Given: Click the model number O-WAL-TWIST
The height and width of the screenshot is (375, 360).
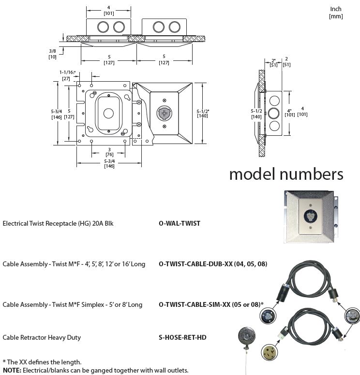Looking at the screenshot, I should click(x=179, y=223).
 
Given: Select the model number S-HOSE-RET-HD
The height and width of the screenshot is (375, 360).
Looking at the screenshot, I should click(x=182, y=337).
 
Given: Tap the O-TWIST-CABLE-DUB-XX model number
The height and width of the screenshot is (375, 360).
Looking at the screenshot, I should click(x=213, y=264).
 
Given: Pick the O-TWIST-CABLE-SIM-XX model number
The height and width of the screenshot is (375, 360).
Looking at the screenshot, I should click(x=211, y=304).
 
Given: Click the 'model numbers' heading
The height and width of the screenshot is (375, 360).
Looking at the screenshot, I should click(x=286, y=173).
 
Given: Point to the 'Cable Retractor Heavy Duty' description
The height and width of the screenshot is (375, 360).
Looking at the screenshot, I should click(x=42, y=337).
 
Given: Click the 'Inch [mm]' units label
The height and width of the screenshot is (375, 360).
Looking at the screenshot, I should click(x=336, y=13).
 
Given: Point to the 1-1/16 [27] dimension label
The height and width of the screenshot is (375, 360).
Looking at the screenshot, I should click(x=66, y=75).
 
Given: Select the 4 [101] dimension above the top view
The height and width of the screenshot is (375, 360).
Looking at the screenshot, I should click(x=109, y=10).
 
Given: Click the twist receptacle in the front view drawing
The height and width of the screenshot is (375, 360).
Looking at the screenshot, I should click(x=165, y=113).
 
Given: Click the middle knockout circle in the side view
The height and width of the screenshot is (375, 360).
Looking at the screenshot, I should click(x=274, y=114).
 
